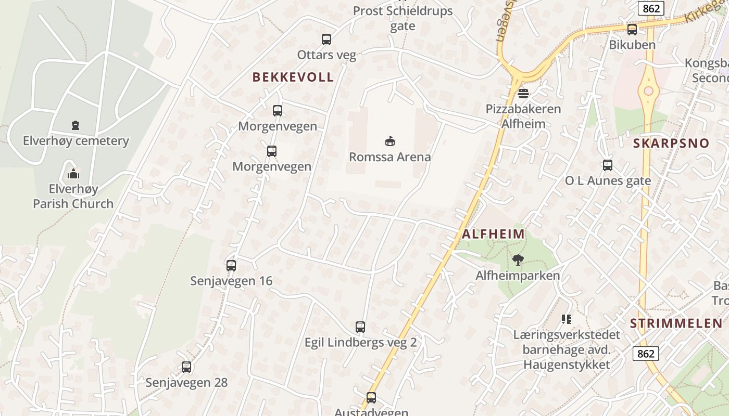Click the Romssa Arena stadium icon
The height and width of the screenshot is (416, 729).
(389, 141)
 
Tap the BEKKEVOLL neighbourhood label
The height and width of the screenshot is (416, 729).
(293, 77)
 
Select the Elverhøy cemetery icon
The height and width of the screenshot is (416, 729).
(76, 125)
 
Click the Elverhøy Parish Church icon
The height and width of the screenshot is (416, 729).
(73, 173)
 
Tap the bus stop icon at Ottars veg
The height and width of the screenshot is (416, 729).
(326, 40)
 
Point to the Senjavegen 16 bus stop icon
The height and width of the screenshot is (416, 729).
(231, 266)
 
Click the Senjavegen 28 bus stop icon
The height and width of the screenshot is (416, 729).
(186, 367)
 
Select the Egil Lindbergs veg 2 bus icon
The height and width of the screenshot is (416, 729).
(360, 327)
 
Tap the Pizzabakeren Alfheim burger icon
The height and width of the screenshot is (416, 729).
(523, 94)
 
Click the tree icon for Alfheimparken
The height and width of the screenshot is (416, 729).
(518, 260)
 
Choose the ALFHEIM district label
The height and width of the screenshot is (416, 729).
(493, 234)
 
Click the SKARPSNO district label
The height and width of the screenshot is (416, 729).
(671, 144)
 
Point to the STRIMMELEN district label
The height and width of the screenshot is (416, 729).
(676, 323)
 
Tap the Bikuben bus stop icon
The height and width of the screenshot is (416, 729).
(632, 30)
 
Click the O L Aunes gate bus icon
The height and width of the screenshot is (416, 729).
(608, 165)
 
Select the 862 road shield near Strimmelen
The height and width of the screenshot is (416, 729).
(646, 354)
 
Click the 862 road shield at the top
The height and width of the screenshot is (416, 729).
(651, 8)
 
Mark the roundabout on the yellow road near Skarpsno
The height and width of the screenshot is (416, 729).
(648, 92)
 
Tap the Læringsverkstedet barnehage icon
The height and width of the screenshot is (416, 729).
(566, 319)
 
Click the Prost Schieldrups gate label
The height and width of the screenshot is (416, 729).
(403, 18)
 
